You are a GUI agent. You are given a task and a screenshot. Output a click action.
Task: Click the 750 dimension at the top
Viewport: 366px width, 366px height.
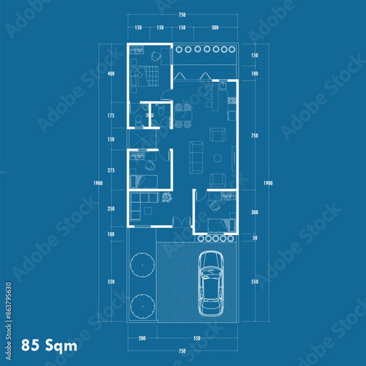pos(181,15)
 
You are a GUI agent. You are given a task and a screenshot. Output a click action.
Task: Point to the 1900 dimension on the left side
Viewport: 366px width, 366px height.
pos(97,183)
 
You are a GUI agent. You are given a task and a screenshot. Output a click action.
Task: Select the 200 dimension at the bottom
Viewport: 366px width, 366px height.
pos(142,339)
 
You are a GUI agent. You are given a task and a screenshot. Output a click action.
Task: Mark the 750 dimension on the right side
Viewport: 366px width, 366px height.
pos(254,135)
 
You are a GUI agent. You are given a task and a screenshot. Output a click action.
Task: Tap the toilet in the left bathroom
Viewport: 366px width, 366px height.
pos(138,119)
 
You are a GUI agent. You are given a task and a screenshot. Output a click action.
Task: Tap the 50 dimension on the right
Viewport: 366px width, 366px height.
pos(254,239)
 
